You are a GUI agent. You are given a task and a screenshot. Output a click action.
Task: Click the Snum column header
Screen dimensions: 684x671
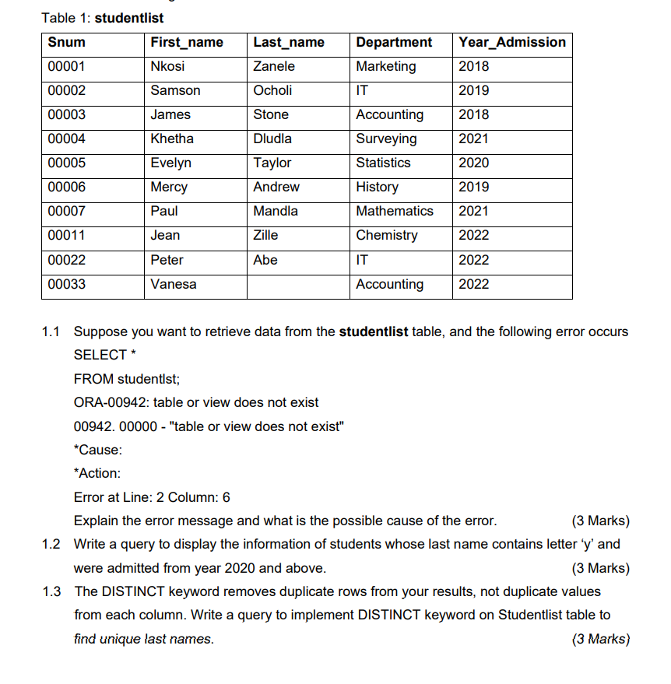pyautogui.click(x=67, y=42)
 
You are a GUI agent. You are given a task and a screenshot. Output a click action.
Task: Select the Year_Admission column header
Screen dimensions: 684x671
pyautogui.click(x=512, y=42)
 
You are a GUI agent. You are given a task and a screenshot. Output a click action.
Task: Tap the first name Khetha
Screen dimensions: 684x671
pyautogui.click(x=172, y=139)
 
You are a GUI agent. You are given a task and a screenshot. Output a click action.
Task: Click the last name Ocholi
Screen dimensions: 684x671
pyautogui.click(x=272, y=90)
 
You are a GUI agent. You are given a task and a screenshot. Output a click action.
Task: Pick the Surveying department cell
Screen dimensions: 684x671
pyautogui.click(x=386, y=139)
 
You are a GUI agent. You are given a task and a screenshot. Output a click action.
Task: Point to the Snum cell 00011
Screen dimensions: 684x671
pyautogui.click(x=67, y=235)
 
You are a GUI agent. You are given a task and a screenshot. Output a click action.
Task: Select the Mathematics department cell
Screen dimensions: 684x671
pyautogui.click(x=395, y=211)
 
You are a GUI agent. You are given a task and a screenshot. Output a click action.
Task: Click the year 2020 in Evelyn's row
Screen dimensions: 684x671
pyautogui.click(x=474, y=163)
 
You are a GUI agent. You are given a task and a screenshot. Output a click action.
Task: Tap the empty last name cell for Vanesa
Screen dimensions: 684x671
pyautogui.click(x=299, y=284)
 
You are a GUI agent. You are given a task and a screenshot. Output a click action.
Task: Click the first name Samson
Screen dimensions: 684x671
pyautogui.click(x=175, y=90)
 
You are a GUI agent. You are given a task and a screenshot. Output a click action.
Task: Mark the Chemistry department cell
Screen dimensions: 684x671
pyautogui.click(x=387, y=235)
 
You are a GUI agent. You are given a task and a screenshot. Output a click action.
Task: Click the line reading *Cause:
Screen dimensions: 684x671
pyautogui.click(x=97, y=450)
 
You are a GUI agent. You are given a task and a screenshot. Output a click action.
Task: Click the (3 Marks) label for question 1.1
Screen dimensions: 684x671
pyautogui.click(x=600, y=521)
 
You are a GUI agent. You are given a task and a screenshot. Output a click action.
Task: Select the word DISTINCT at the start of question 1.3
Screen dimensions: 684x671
pyautogui.click(x=131, y=591)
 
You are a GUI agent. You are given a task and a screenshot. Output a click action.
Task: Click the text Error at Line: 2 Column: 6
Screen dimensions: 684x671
pyautogui.click(x=152, y=497)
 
